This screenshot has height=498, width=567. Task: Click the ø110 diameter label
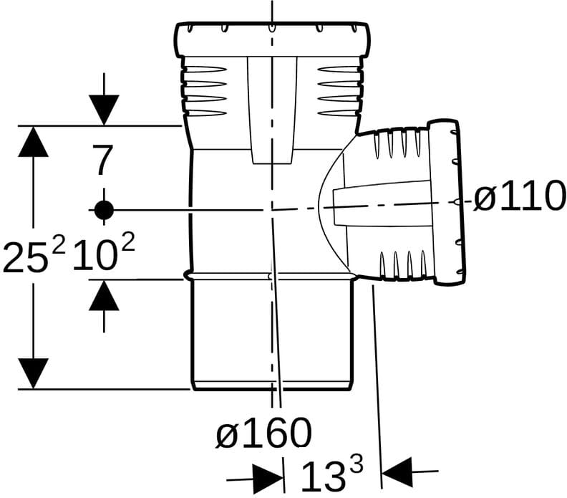pos(519,196)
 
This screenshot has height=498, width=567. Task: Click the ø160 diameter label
pos(264,433)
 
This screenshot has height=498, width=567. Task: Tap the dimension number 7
pos(103,160)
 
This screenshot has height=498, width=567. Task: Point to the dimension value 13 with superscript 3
pos(332,473)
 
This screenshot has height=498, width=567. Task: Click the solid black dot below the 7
pos(104,209)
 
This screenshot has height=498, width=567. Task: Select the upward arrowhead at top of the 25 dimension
pos(33,141)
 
